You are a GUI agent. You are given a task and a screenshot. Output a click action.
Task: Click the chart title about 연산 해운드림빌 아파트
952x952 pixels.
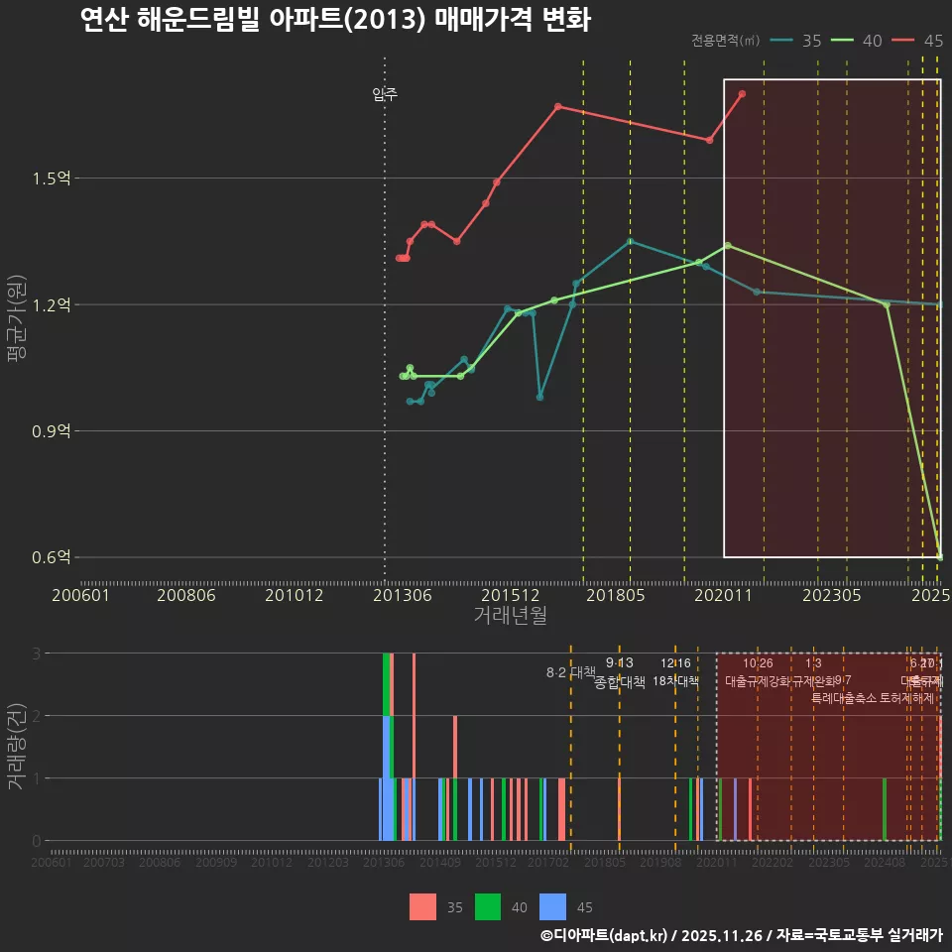pyautogui.click(x=335, y=20)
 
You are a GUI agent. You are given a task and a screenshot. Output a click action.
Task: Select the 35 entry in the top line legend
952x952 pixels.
pyautogui.click(x=811, y=41)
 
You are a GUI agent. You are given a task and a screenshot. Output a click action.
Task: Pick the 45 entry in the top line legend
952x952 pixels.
pyautogui.click(x=932, y=41)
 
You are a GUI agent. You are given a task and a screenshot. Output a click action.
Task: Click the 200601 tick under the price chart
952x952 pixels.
pyautogui.click(x=80, y=595)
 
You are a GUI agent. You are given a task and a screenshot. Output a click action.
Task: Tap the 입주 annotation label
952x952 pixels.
pyautogui.click(x=385, y=94)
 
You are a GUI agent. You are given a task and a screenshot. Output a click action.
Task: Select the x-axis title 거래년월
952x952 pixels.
pyautogui.click(x=510, y=616)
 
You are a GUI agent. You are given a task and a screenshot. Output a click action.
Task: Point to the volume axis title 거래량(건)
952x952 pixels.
pyautogui.click(x=16, y=746)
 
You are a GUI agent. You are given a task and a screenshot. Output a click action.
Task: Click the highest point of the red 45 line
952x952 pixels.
pyautogui.click(x=742, y=93)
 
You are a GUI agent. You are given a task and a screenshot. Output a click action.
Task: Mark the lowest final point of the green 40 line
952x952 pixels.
pyautogui.click(x=939, y=557)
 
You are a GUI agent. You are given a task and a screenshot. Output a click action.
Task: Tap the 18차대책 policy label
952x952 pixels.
pyautogui.click(x=675, y=681)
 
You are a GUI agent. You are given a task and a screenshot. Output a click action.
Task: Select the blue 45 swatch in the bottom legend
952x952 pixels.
pyautogui.click(x=553, y=906)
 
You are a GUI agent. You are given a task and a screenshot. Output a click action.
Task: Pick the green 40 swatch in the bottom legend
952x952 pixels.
pyautogui.click(x=488, y=906)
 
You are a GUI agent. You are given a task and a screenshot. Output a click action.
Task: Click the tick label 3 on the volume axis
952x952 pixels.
pyautogui.click(x=37, y=654)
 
